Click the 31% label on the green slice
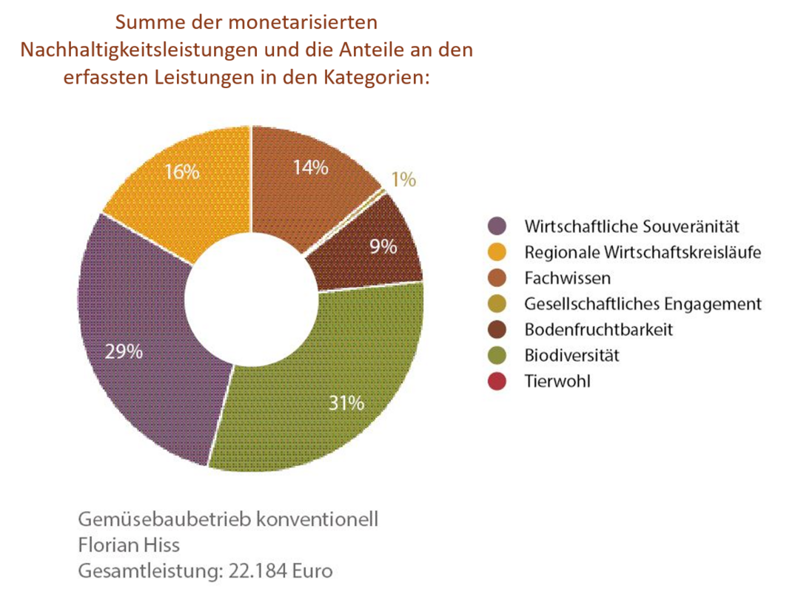[x=346, y=403]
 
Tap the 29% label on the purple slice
[x=124, y=351]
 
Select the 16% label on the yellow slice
[x=181, y=172]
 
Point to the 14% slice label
[x=309, y=167]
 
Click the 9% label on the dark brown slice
[x=383, y=246]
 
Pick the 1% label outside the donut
[x=403, y=179]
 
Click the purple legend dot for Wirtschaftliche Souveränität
[x=497, y=226]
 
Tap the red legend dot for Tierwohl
[x=497, y=382]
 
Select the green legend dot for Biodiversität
[x=497, y=356]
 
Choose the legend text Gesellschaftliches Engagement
[x=643, y=304]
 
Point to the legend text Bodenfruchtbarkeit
[x=599, y=330]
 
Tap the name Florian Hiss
[x=130, y=545]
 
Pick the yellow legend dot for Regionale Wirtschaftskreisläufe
[x=497, y=252]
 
